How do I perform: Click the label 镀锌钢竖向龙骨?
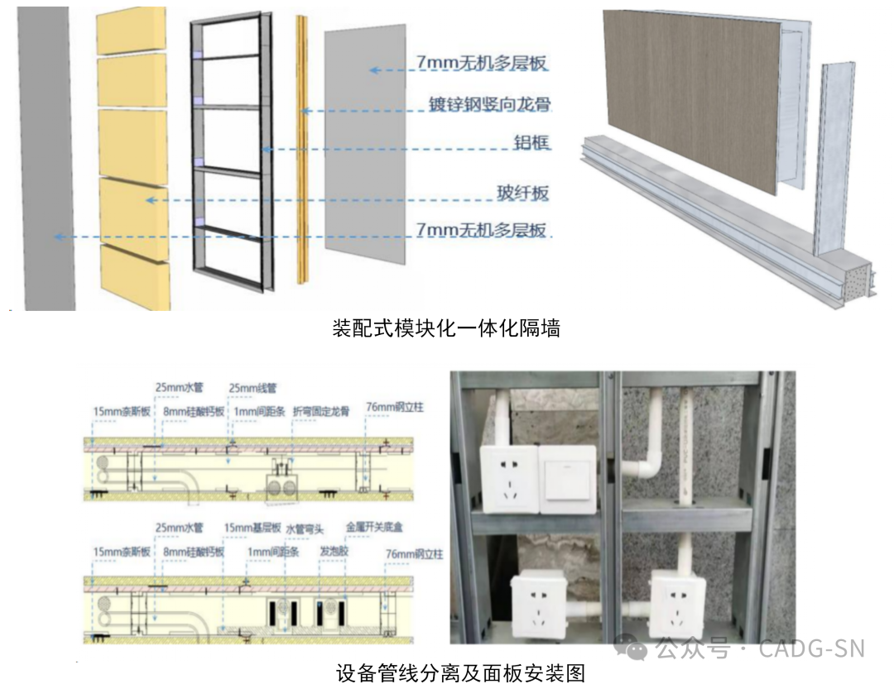(489, 105)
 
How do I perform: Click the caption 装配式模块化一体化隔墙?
(446, 328)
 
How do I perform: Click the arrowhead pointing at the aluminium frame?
(265, 150)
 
